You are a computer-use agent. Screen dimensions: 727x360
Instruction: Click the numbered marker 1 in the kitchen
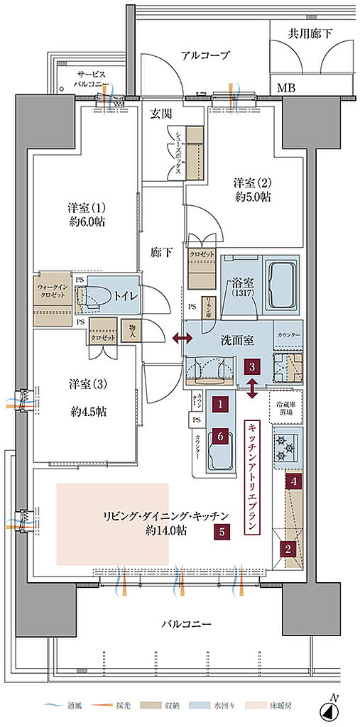pos(222,405)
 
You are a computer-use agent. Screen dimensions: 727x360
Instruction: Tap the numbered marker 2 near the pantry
pos(288,548)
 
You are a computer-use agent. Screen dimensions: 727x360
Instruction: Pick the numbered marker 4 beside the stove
pos(293,481)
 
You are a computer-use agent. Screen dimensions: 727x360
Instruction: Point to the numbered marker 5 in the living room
pos(222,530)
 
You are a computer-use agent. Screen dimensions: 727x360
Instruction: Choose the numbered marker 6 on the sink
pos(222,436)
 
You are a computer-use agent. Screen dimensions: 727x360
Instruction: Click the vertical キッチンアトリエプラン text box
pos(252,477)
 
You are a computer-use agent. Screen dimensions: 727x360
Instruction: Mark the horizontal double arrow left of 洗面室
pos(180,340)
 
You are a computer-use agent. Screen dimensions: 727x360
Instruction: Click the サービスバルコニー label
pos(91,77)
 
